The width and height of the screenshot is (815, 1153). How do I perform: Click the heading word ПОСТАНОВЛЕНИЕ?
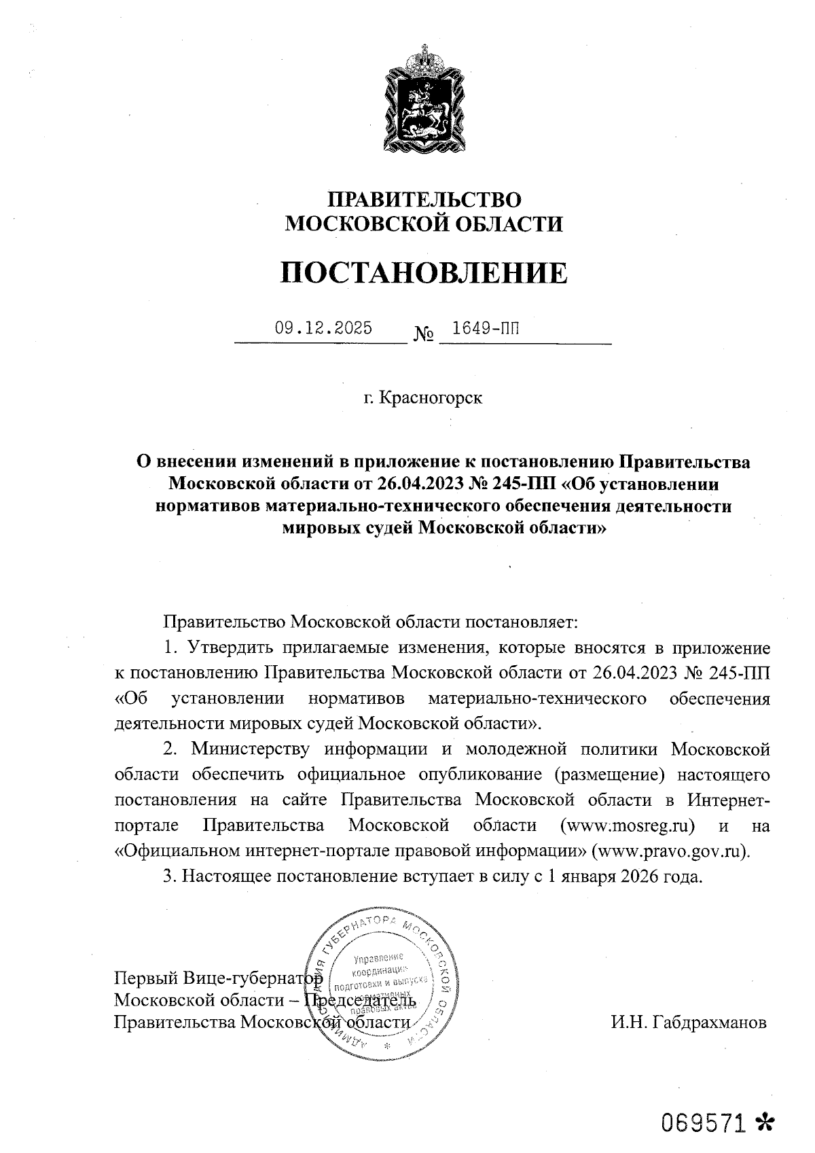pos(424,272)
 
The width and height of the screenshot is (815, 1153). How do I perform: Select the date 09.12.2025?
pos(323,329)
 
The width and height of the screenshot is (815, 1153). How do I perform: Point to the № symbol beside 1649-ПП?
pos(423,335)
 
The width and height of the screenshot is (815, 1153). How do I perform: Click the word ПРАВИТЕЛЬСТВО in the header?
pos(424,199)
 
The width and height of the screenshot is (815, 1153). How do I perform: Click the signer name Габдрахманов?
pos(708,1023)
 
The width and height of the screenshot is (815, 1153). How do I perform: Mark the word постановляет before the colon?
pos(520,622)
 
